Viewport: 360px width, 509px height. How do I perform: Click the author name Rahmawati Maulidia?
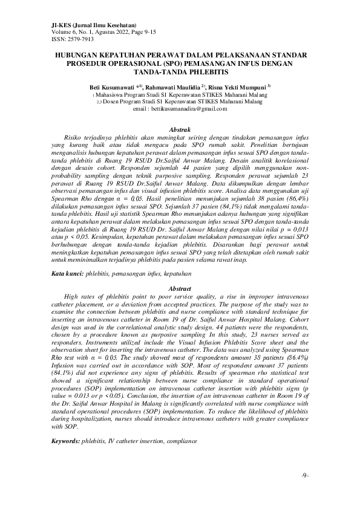(x=175, y=87)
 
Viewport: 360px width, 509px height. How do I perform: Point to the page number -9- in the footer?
(x=304, y=475)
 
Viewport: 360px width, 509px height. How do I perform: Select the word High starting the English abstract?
(x=71, y=297)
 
